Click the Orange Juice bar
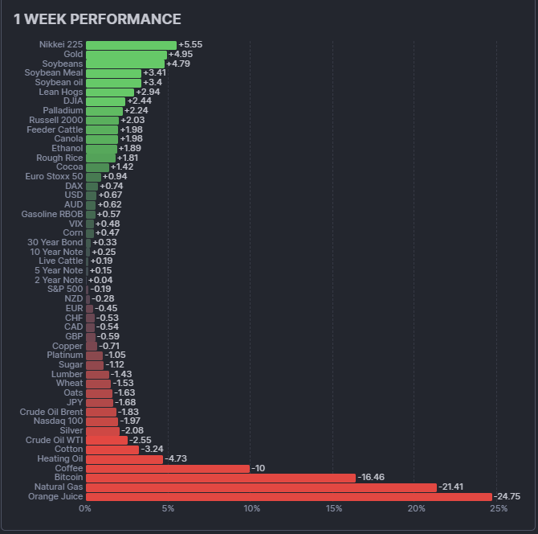pos(289,497)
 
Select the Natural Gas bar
pos(261,487)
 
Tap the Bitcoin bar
pos(221,478)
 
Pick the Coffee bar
pos(168,468)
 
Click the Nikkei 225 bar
pos(131,45)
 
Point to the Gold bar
pos(126,54)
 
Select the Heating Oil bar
pos(124,459)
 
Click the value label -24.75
pos(507,497)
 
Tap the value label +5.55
pos(190,45)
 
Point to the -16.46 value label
pos(371,478)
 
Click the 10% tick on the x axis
pos(251,508)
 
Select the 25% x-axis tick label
pos(498,508)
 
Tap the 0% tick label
pos(86,508)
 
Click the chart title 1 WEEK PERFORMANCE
pos(97,19)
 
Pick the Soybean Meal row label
pos(53,73)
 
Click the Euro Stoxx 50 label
pos(54,176)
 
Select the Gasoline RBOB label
pos(52,214)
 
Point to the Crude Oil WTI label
pos(54,440)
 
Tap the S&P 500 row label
pos(64,289)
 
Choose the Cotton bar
pos(112,450)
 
